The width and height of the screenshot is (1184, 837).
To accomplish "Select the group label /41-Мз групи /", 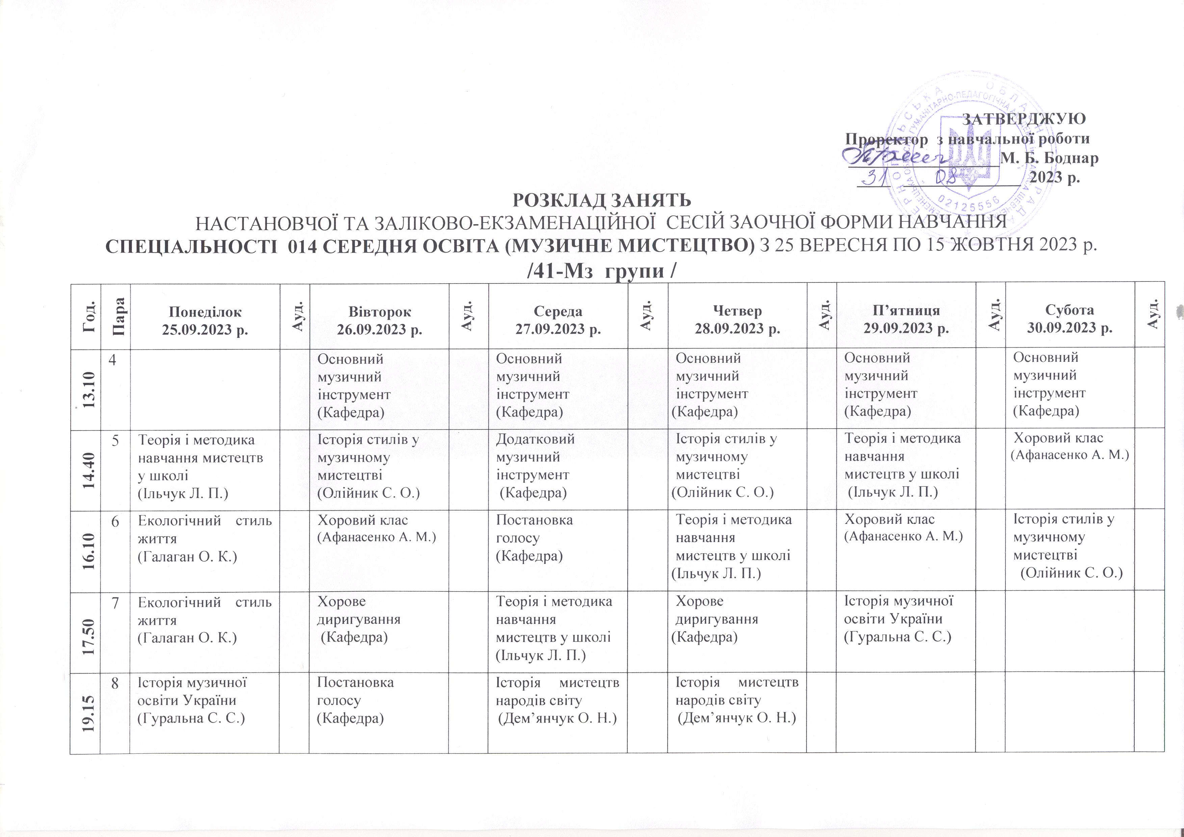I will [600, 271].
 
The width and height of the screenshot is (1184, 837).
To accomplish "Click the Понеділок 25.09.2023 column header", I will [205, 320].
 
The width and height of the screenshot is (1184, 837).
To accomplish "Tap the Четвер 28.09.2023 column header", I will [737, 320].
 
